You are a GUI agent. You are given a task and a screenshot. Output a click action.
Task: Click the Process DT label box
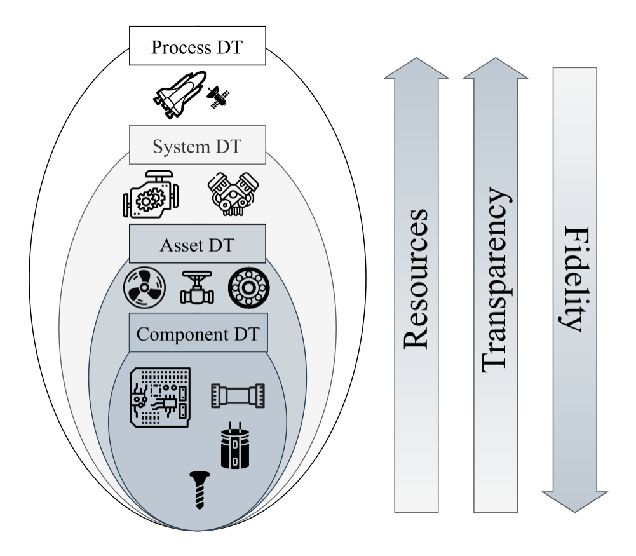(x=197, y=46)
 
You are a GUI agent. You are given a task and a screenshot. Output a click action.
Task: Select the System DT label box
(x=197, y=146)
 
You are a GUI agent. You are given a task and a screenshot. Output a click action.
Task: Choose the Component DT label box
(x=198, y=332)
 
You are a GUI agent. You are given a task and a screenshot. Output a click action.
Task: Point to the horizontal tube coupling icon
(x=238, y=396)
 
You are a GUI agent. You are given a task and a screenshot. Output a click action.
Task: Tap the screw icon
(x=201, y=489)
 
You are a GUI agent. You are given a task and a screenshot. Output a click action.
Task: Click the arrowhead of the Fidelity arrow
(x=574, y=500)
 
